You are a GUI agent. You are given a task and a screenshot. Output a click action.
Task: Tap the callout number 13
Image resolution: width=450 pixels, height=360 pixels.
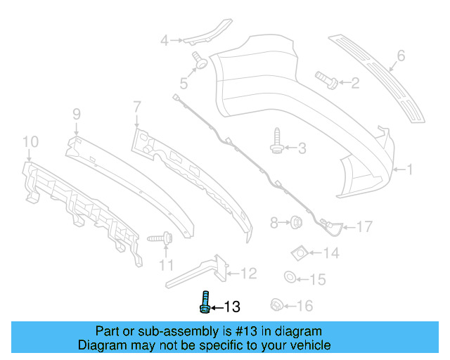pos(232,307)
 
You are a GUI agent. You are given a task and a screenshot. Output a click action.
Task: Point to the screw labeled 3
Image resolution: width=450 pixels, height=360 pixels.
pos(277,140)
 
